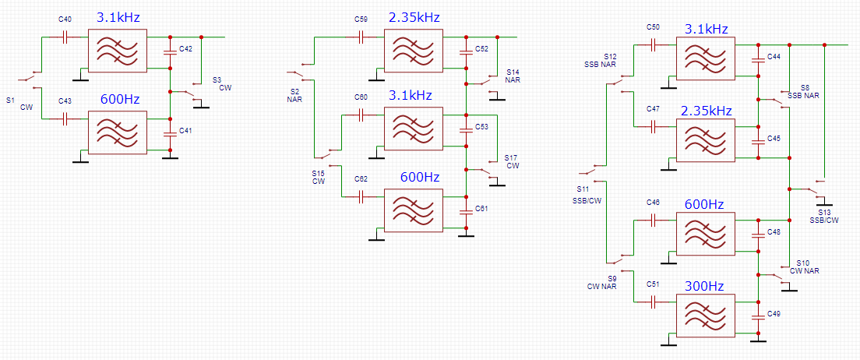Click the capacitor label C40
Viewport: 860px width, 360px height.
point(65,18)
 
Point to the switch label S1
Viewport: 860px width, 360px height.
point(9,100)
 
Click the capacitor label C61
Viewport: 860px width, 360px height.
point(482,208)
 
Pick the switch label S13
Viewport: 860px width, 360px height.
point(824,211)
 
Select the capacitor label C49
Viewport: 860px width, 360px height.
point(774,313)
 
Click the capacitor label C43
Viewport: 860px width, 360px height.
point(65,101)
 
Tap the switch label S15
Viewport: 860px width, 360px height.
point(319,173)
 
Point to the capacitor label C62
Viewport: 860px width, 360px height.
point(361,178)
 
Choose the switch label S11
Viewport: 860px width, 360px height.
point(583,189)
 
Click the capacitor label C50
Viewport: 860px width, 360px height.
point(654,27)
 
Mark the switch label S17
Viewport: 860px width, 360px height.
point(511,157)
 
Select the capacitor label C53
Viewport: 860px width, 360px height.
point(482,125)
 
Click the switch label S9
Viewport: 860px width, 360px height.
point(612,278)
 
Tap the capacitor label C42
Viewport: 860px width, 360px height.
point(185,48)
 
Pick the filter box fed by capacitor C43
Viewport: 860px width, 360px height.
point(118,132)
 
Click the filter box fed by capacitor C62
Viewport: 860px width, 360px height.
point(414,211)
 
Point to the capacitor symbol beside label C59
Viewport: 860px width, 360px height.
point(361,36)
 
